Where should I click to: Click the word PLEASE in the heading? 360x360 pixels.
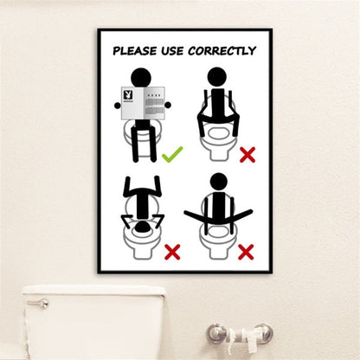[x=135, y=51]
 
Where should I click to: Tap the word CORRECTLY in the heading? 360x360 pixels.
[x=224, y=51]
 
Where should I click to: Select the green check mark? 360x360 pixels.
[x=172, y=155]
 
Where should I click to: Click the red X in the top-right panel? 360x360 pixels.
[x=247, y=155]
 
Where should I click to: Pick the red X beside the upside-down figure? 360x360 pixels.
[x=171, y=252]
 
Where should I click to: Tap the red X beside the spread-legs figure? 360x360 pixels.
[x=246, y=252]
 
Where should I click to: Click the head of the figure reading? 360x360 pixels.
[x=142, y=76]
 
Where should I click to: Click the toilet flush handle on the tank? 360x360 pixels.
[x=37, y=304]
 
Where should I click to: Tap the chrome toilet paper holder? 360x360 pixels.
[x=239, y=333]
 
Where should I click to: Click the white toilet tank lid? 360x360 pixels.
[x=93, y=292]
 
